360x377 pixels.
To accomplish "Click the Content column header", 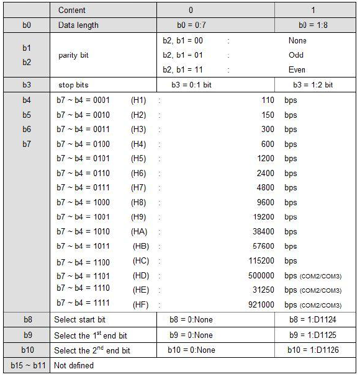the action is coord(73,11).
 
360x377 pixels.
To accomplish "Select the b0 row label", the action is coord(27,25).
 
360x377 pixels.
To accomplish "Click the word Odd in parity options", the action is coord(296,55).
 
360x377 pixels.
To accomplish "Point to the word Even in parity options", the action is coord(297,70).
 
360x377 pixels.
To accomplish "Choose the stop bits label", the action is coord(75,85).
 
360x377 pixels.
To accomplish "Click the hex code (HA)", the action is coord(139,231).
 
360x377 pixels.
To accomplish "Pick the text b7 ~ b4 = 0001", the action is coord(83,99).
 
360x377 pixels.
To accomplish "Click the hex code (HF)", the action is coord(141,304).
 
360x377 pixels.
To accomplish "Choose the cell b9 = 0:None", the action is coord(191,335).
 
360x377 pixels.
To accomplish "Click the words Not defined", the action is coord(74,365).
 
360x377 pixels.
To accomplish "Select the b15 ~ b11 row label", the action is coord(27,365).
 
